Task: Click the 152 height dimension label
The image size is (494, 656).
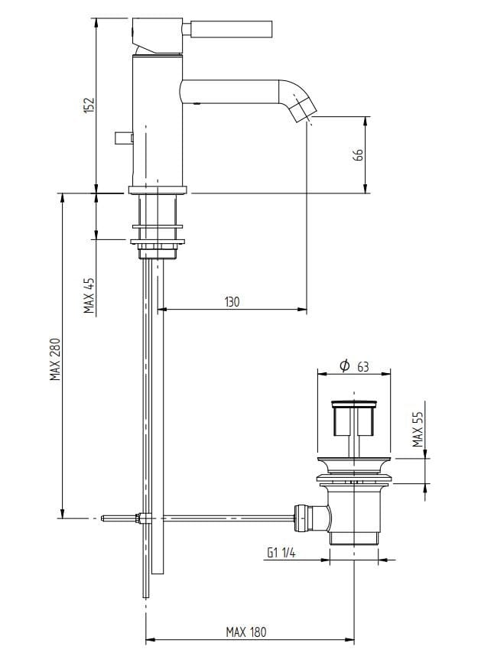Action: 89,106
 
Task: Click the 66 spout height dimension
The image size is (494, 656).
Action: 358,154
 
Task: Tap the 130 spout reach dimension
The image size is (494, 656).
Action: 232,302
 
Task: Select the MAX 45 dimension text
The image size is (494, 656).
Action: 89,295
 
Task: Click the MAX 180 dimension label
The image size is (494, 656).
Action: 246,632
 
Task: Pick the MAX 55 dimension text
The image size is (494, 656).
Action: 418,429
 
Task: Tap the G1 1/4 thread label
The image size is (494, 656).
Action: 281,553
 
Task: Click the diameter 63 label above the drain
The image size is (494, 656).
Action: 354,366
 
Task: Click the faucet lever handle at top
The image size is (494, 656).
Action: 228,28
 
